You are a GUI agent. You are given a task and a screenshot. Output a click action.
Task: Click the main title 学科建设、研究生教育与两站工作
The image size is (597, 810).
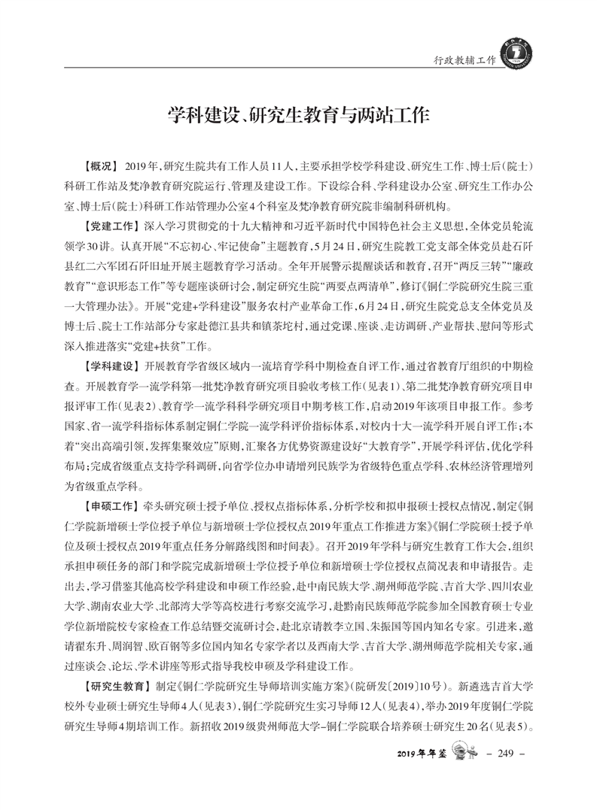[x=298, y=116]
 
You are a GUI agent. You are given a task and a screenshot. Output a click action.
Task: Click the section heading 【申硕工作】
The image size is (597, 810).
[x=110, y=505]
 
